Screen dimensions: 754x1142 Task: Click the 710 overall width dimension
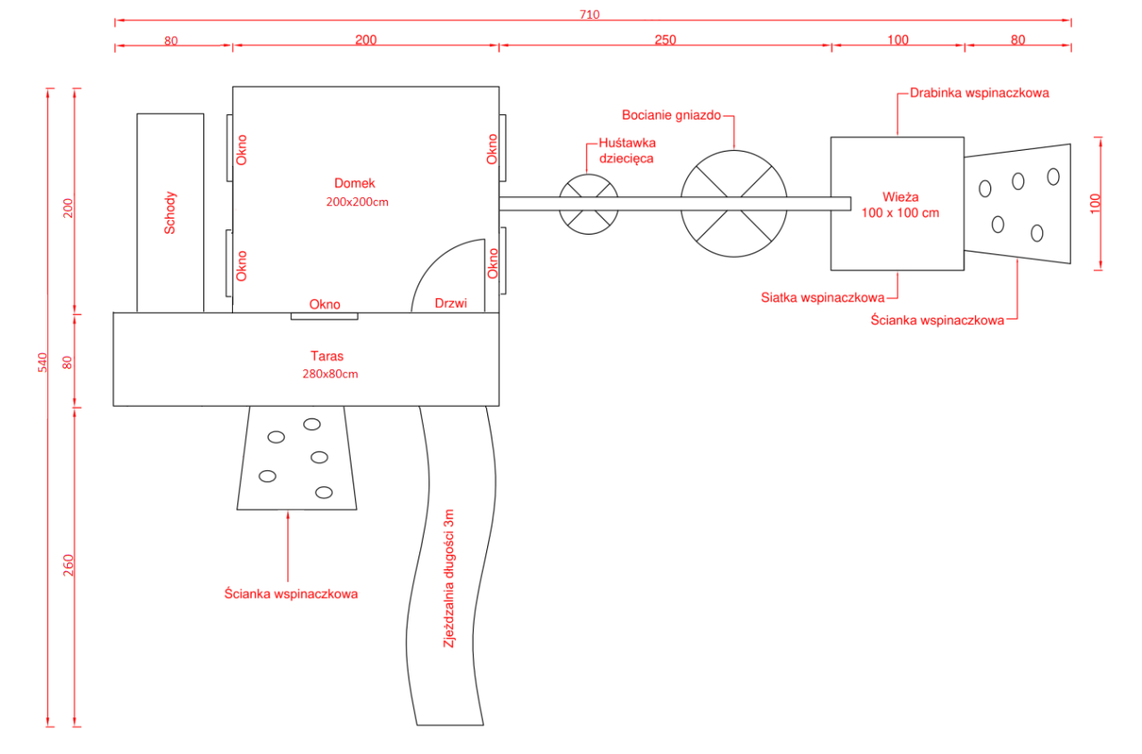[590, 13]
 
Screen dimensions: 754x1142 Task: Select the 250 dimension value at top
[666, 39]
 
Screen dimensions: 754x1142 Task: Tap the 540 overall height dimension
[41, 361]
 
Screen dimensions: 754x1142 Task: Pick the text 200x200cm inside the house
[358, 202]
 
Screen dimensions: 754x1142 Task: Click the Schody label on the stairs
[170, 212]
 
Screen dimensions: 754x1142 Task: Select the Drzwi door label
[451, 303]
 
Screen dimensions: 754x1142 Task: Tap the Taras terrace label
[327, 356]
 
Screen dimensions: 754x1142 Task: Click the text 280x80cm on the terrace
[330, 374]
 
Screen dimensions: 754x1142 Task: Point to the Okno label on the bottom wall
[325, 304]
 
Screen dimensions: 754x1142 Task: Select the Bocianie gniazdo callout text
[671, 115]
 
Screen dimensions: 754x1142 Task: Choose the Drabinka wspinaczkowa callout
[979, 92]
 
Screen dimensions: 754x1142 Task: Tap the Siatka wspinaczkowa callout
[823, 297]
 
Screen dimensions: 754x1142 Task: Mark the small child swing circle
[589, 204]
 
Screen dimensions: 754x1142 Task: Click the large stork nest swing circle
[733, 204]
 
